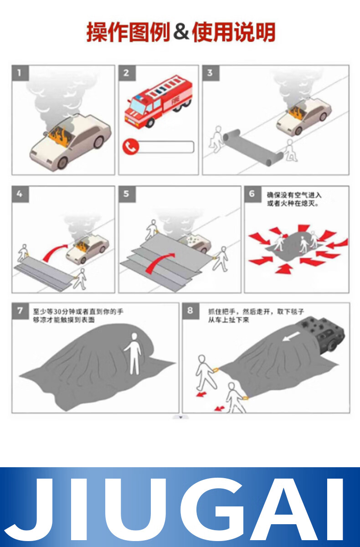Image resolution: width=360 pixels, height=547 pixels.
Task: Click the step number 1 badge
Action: pos(20,73)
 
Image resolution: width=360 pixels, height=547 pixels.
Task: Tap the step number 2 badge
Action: pos(127,73)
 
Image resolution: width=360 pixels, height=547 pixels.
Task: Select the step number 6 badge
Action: pos(252,194)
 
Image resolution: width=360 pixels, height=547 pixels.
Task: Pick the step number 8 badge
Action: pos(190,311)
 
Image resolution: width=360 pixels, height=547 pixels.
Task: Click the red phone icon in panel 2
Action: pos(131,147)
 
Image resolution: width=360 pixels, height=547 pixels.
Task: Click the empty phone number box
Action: pos(166,147)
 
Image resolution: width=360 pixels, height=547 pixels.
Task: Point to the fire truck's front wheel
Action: pos(149,123)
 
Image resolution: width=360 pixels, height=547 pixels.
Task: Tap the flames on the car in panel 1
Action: pos(60,137)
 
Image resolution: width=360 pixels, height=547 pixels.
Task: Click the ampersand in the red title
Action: pos(181,32)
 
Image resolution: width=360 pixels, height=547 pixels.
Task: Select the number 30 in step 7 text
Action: pos(59,312)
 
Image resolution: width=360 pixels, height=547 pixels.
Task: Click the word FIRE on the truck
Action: pos(175,100)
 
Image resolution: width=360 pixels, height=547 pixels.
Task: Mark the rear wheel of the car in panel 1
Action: pos(98,142)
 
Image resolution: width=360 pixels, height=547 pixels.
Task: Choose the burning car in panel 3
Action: pos(304,116)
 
